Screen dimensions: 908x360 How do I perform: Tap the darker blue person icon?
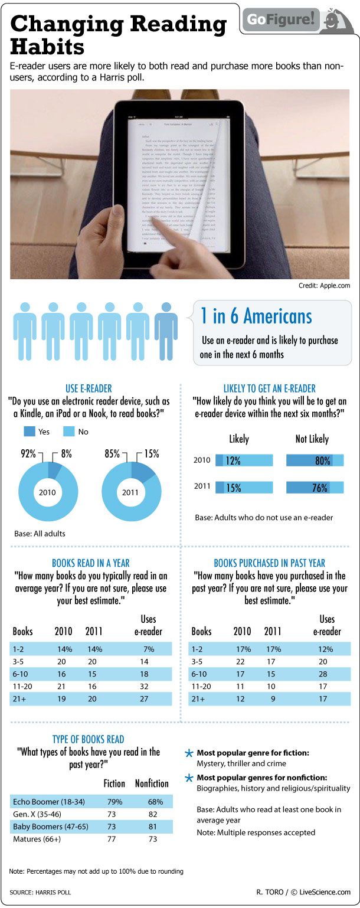tap(166, 331)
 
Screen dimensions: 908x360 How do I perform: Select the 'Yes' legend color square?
tap(30, 432)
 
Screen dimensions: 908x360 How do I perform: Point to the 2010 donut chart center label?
tap(48, 491)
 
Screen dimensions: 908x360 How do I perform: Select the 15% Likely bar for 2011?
tap(244, 488)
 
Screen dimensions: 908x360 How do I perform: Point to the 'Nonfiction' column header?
tap(152, 783)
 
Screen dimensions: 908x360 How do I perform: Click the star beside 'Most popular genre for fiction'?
tap(189, 753)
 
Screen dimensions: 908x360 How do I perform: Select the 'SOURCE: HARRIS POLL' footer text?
tap(40, 892)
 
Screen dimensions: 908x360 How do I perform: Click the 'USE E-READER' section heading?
tap(89, 388)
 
